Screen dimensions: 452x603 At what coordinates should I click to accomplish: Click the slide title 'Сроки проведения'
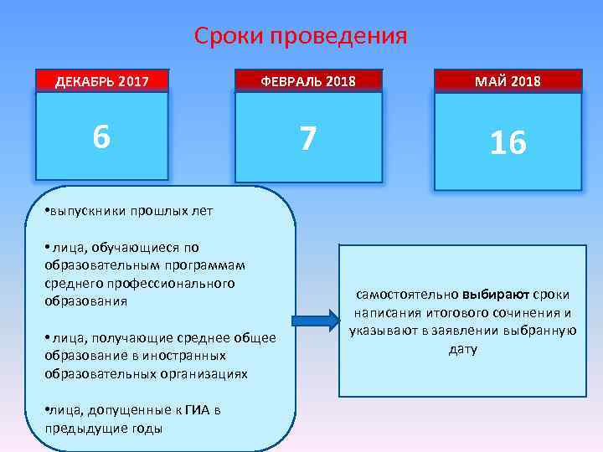301,36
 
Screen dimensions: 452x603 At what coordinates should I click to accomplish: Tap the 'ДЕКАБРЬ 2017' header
102,81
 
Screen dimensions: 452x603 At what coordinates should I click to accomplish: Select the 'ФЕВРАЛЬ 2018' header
308,81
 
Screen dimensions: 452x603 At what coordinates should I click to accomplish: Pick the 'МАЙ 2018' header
508,81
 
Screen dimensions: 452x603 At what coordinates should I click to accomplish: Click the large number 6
101,136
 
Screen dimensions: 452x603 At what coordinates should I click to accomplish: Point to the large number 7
308,139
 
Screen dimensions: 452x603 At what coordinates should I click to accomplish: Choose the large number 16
508,144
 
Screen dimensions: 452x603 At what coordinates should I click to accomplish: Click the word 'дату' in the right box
462,348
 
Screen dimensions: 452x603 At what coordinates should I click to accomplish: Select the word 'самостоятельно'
406,295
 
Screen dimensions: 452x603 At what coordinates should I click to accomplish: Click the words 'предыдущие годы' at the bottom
105,428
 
